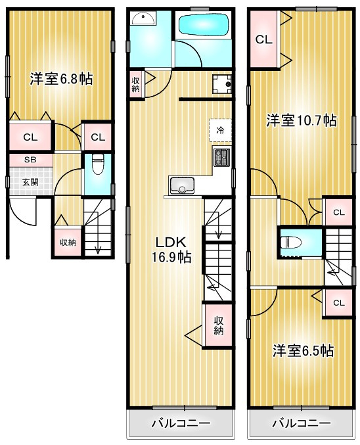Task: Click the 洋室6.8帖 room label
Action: [x=61, y=79]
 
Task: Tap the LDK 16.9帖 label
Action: [x=171, y=250]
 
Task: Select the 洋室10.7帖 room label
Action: [x=302, y=120]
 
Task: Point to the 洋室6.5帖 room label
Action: [x=304, y=351]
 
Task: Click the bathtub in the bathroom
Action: [x=204, y=25]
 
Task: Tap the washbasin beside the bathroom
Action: [x=143, y=18]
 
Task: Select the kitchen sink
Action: [x=181, y=185]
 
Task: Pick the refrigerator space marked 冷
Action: [x=220, y=130]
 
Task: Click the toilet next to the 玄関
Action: [x=98, y=164]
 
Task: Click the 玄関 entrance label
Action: [x=30, y=182]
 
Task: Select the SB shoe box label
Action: [x=30, y=160]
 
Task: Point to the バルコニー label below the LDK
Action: [x=181, y=424]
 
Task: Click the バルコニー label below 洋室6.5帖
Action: [x=302, y=424]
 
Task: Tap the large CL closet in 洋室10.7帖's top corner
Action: [x=264, y=39]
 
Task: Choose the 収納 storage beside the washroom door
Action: [x=135, y=84]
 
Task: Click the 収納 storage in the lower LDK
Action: [x=219, y=325]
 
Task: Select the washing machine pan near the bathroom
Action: [x=222, y=83]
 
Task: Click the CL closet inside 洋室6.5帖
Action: [x=339, y=303]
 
